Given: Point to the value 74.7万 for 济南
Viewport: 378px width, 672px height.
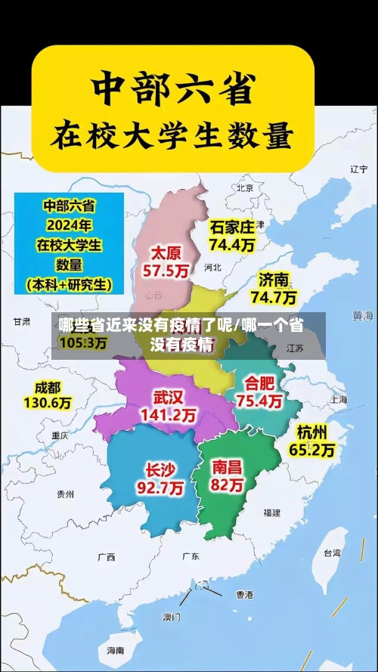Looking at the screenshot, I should [x=274, y=297].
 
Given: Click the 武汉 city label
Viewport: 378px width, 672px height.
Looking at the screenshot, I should [x=168, y=397].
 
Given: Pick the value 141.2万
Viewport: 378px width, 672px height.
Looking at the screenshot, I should [x=168, y=415].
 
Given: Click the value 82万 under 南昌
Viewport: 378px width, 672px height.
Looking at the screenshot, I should [x=228, y=486].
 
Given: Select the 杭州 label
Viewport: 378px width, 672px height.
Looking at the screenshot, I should [x=312, y=432].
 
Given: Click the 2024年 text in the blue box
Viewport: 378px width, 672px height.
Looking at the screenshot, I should [x=69, y=225].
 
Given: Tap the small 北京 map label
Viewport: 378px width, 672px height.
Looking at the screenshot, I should [x=244, y=187].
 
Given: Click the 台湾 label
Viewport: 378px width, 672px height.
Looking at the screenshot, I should [x=332, y=553].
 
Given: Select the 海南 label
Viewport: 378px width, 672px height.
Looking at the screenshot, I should [x=116, y=650].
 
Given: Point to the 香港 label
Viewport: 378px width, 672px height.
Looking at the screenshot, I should [x=245, y=594].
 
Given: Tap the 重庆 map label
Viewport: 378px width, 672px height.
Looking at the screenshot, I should [x=60, y=435].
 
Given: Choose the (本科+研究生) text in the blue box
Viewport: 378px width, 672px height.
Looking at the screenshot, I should [x=69, y=284].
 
